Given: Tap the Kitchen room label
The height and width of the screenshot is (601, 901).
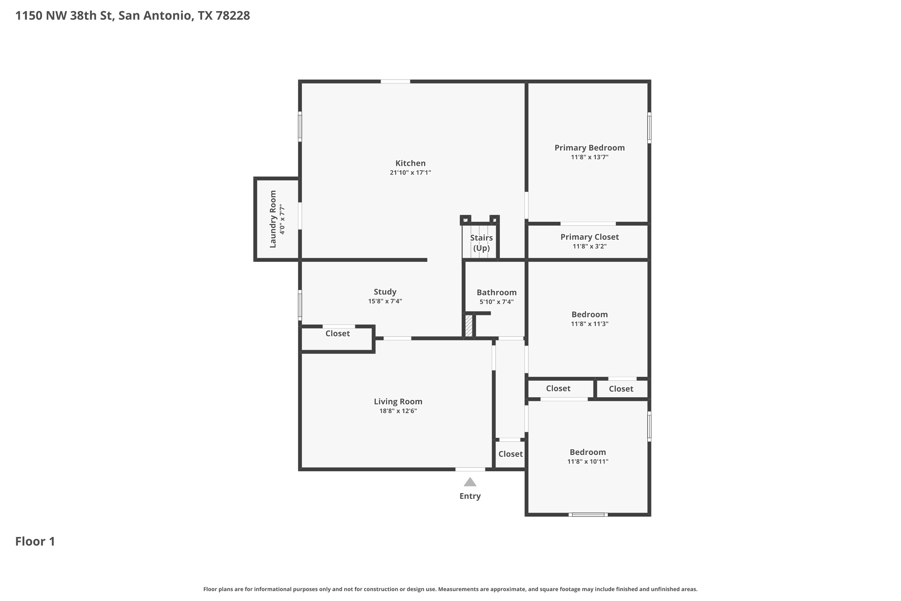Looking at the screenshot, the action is (410, 163).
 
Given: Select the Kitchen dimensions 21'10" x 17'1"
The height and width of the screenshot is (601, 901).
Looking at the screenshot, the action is (410, 172).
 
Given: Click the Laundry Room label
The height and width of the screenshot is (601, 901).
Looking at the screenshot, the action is (273, 219).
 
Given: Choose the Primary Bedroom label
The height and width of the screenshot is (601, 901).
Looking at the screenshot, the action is (590, 148).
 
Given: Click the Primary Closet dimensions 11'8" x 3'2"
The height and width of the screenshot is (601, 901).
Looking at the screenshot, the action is (590, 246).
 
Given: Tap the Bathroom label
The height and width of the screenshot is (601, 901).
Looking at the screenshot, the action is (496, 292).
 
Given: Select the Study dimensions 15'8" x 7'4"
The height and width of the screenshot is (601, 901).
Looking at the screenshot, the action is (385, 301).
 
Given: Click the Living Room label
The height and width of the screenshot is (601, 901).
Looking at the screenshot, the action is (398, 401).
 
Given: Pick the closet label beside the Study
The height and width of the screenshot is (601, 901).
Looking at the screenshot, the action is (338, 334).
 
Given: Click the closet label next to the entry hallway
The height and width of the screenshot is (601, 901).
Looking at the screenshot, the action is (510, 454).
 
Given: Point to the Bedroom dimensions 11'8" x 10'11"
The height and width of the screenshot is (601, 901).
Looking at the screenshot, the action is (588, 462).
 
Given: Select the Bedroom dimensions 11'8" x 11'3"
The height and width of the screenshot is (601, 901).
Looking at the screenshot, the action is (590, 324).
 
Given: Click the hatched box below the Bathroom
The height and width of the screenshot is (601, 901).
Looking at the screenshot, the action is (469, 325).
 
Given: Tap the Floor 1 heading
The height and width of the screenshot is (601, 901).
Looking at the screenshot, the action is (35, 542).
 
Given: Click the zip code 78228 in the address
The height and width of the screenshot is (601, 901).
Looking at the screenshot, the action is (232, 16).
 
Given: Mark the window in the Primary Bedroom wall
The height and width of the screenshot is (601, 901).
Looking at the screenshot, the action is (649, 128).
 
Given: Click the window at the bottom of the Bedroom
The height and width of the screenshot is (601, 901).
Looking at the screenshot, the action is (588, 514).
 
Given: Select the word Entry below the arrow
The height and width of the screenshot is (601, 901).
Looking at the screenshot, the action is (470, 496).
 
